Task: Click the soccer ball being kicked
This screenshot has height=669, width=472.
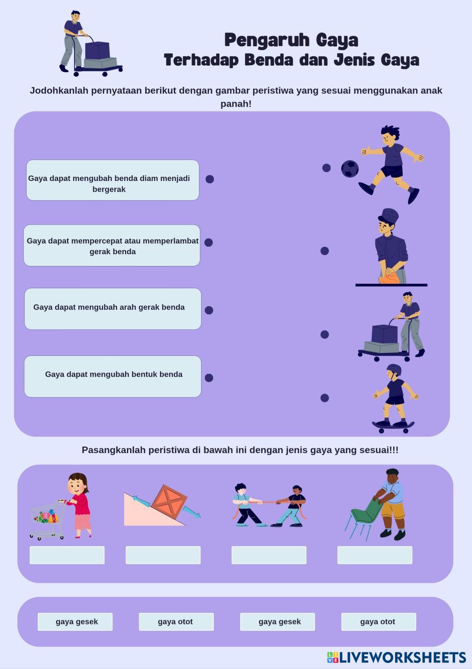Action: pyautogui.click(x=350, y=169)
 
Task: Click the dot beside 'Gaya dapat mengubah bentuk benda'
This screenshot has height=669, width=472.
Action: pyautogui.click(x=209, y=377)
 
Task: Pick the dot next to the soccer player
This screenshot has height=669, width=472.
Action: pyautogui.click(x=326, y=168)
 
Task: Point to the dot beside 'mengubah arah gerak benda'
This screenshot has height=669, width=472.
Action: pyautogui.click(x=209, y=310)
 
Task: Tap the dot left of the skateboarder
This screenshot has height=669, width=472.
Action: pyautogui.click(x=324, y=398)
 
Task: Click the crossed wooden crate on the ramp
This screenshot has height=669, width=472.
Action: pyautogui.click(x=169, y=503)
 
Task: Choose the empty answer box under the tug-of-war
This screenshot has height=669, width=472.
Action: pyautogui.click(x=269, y=555)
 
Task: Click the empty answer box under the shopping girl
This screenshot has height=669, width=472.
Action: pyautogui.click(x=67, y=555)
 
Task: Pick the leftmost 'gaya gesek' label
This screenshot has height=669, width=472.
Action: pyautogui.click(x=75, y=622)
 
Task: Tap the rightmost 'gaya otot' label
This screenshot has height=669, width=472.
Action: pyautogui.click(x=378, y=622)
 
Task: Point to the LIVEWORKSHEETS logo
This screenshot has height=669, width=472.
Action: pyautogui.click(x=396, y=657)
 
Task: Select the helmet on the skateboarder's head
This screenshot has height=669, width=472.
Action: pyautogui.click(x=394, y=369)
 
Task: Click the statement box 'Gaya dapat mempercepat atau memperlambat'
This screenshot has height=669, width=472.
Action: pyautogui.click(x=112, y=246)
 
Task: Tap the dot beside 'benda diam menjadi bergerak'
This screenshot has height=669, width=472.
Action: pyautogui.click(x=210, y=179)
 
